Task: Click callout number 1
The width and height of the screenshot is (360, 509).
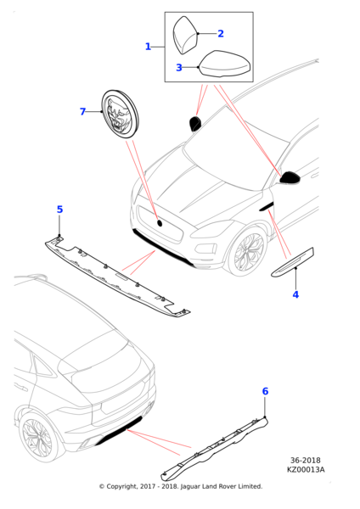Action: (148, 47)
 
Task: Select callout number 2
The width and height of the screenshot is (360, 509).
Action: (221, 34)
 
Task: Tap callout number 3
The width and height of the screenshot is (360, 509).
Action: (179, 68)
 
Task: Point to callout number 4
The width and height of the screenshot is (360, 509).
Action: (295, 294)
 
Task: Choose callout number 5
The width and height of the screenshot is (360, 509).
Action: (59, 210)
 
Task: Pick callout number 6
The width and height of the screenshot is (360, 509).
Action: (265, 391)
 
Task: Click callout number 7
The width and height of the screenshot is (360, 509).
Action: (83, 111)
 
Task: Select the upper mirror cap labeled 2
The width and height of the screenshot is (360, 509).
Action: (185, 36)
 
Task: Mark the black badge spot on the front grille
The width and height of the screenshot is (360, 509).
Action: (159, 222)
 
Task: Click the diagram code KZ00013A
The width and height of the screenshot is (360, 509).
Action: (306, 469)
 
